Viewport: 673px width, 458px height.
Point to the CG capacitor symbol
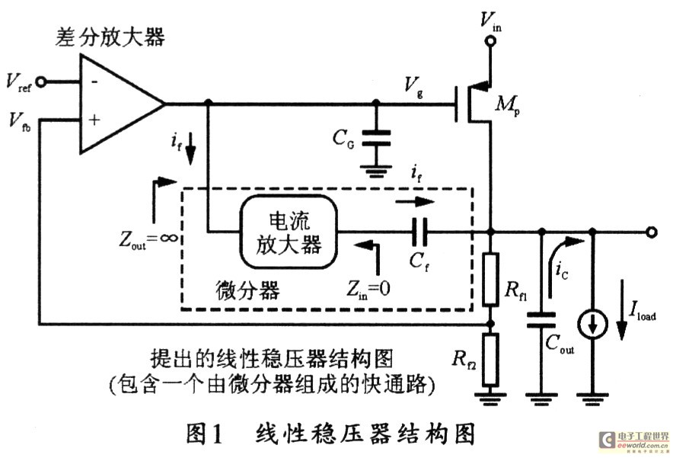pos(375,137)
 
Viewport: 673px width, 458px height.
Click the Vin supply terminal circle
pos(490,43)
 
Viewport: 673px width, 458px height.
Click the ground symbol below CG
pos(375,172)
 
